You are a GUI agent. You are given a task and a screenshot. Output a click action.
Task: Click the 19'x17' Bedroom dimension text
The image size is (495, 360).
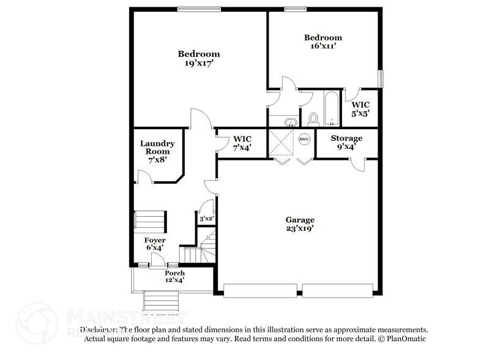click(x=199, y=62)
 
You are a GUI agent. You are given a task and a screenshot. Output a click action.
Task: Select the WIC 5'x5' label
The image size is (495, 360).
click(x=360, y=109)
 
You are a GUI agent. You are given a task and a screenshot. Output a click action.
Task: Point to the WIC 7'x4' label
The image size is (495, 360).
click(x=239, y=143)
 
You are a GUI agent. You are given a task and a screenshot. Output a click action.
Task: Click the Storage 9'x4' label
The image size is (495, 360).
click(x=346, y=142)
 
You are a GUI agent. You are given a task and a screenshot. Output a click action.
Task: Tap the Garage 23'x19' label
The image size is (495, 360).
click(x=300, y=224)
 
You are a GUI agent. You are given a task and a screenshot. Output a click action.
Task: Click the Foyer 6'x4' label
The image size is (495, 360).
click(x=154, y=244)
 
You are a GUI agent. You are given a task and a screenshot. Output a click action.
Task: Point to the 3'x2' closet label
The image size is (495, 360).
click(x=206, y=218)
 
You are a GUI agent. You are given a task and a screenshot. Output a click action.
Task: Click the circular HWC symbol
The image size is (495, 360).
click(x=304, y=139)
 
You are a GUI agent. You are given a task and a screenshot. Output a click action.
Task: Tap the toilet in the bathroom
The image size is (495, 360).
click(x=314, y=117)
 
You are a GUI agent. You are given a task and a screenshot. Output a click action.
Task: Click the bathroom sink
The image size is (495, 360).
click(x=290, y=120)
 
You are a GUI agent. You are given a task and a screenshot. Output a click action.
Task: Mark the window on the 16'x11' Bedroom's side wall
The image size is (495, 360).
click(x=381, y=79)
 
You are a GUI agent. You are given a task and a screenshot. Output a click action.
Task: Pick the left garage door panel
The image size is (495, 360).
click(x=261, y=290)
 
